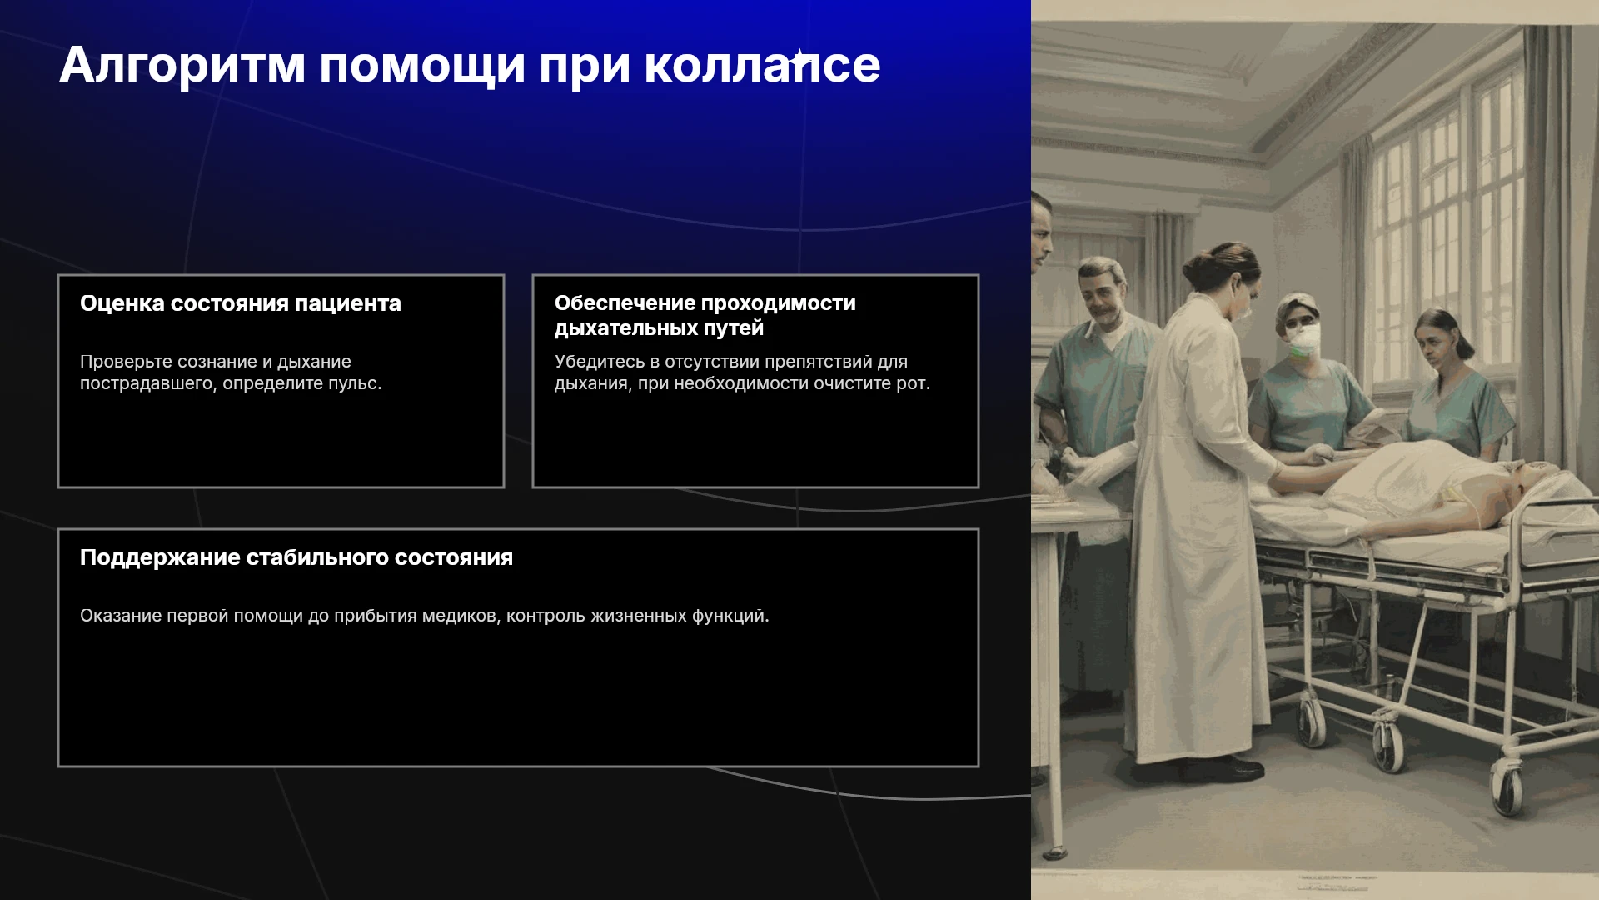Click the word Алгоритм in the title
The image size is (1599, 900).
[182, 66]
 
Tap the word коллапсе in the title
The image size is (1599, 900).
[762, 66]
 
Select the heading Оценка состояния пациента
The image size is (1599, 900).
[241, 303]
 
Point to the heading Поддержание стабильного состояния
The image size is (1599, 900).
[296, 557]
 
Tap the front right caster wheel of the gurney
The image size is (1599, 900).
[1506, 788]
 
